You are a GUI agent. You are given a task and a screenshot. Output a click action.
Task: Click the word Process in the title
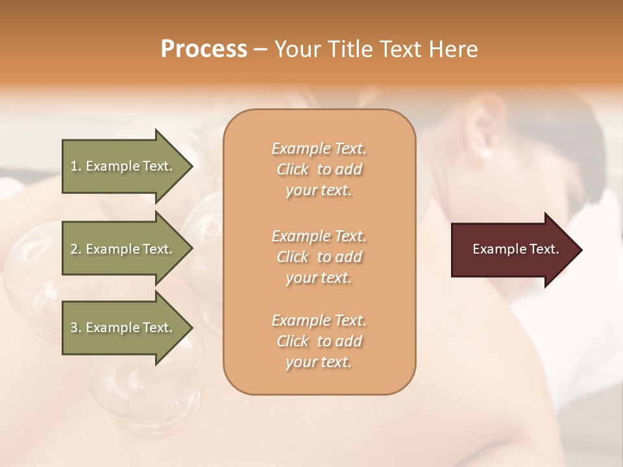(204, 49)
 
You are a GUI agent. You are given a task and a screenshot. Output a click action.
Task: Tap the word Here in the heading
(454, 49)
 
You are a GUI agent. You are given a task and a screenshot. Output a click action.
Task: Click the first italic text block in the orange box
(319, 169)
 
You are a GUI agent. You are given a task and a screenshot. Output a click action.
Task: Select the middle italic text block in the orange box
(319, 256)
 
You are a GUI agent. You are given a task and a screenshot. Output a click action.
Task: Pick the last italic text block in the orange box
(319, 341)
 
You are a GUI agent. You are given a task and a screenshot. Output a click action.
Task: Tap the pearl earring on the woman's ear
(485, 154)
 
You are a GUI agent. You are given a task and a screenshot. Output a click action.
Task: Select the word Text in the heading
(402, 49)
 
